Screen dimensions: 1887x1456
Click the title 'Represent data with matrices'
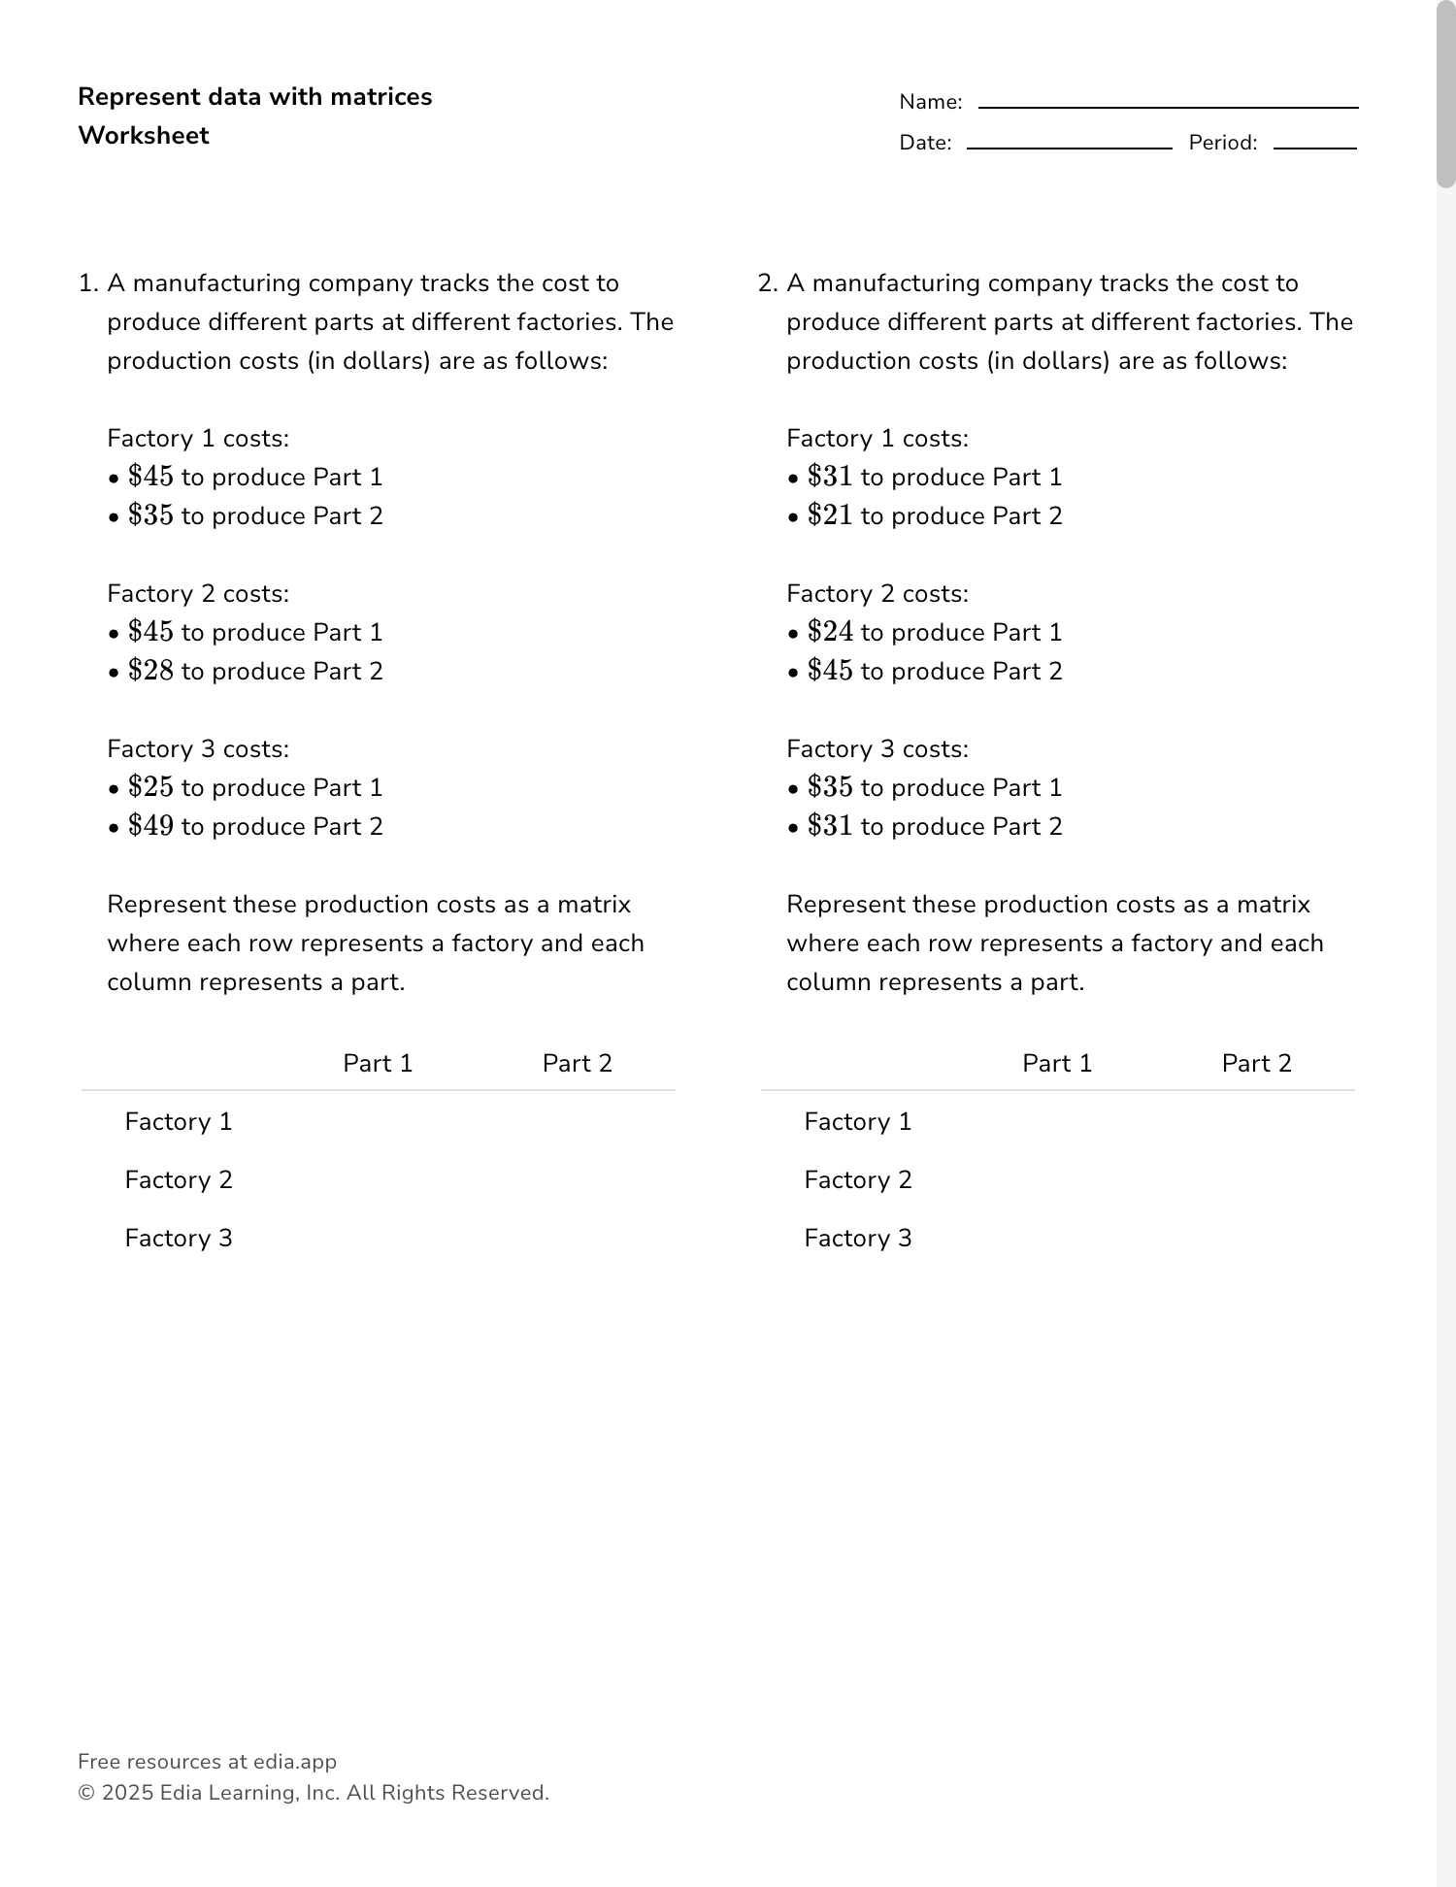click(254, 97)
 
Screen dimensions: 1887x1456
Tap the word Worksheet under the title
click(144, 136)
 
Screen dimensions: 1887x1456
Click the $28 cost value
click(150, 671)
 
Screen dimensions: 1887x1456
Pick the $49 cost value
click(150, 826)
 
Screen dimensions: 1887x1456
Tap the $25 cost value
click(150, 787)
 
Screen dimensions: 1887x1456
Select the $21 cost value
click(830, 515)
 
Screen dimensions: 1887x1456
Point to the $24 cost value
click(830, 632)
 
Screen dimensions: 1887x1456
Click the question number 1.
click(87, 283)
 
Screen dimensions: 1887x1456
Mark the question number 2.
click(767, 283)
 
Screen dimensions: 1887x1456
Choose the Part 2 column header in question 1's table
click(578, 1064)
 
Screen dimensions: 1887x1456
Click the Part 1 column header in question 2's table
click(1057, 1064)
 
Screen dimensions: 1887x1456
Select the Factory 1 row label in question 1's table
click(179, 1122)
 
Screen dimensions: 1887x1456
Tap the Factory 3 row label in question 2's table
click(858, 1239)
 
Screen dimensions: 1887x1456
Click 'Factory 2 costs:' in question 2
click(877, 594)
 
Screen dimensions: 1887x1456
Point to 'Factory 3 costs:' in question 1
click(198, 749)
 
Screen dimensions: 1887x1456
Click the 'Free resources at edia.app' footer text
click(207, 1762)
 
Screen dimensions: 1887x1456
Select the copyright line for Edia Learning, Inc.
click(314, 1793)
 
